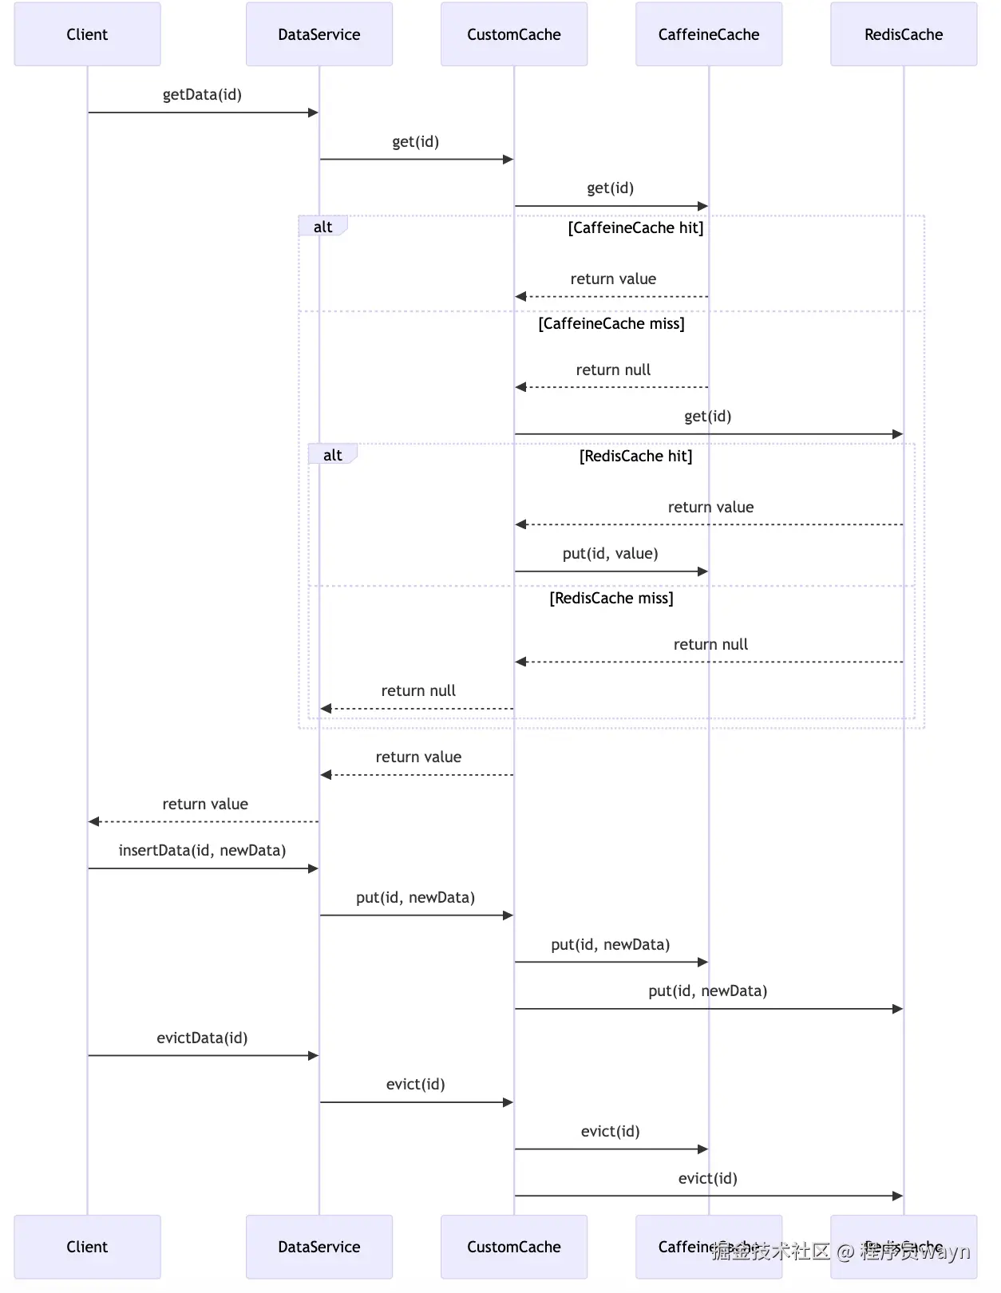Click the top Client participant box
click(87, 34)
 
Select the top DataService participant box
click(318, 34)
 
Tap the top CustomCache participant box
click(513, 34)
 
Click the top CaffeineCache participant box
click(708, 34)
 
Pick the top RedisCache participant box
click(903, 34)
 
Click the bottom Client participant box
click(87, 1247)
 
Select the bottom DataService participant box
click(318, 1247)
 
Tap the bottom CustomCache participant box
click(513, 1247)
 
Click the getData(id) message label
click(202, 95)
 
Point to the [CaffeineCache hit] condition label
click(635, 228)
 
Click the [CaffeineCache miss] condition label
click(611, 324)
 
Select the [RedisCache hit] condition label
click(635, 457)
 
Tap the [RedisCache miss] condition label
click(611, 599)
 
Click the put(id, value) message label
click(610, 554)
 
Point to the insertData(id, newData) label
click(202, 851)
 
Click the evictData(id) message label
click(202, 1038)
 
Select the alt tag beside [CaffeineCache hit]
click(322, 227)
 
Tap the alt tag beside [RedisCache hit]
click(332, 456)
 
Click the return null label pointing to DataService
click(418, 691)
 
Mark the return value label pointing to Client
click(205, 805)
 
